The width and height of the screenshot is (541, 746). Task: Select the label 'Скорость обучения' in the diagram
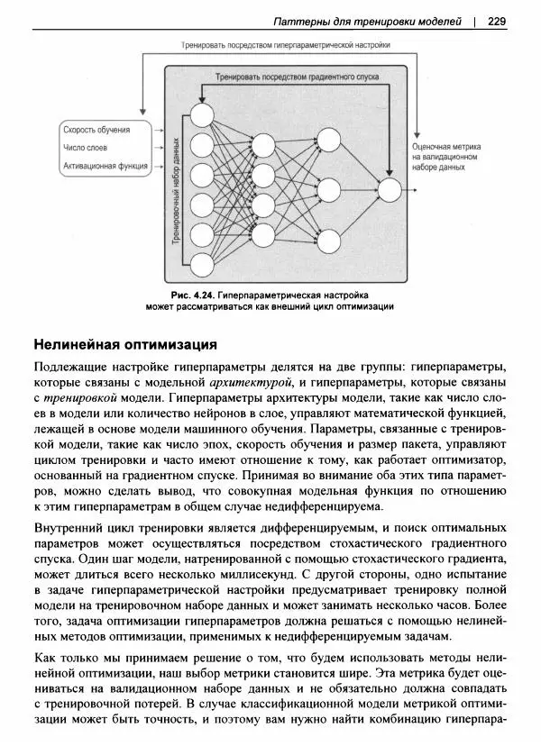[x=96, y=130]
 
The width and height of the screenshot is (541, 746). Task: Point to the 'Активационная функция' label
[x=105, y=166]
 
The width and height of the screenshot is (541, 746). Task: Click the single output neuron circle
[x=389, y=191]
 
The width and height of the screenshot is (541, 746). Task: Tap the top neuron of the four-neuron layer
[x=263, y=145]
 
